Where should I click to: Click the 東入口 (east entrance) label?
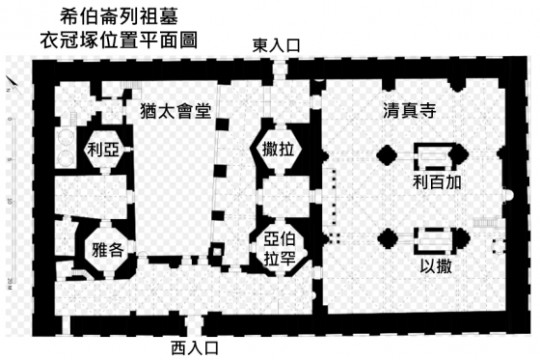pos(276,45)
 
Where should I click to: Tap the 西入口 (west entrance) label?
pos(195,347)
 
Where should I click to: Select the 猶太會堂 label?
pos(175,111)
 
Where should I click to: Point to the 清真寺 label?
pos(410,111)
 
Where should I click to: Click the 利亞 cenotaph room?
pos(103,150)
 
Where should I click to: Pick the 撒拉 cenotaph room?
pos(279,150)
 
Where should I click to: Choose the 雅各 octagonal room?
pos(107,249)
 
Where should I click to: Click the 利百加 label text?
pos(437,182)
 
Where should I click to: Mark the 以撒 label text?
pos(436,266)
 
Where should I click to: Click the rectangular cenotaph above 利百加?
pos(435,156)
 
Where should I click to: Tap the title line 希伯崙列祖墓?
pos(120,16)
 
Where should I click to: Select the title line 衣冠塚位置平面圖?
pos(119,41)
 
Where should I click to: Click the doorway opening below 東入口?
pos(279,69)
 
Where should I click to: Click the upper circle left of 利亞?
pos(66,138)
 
